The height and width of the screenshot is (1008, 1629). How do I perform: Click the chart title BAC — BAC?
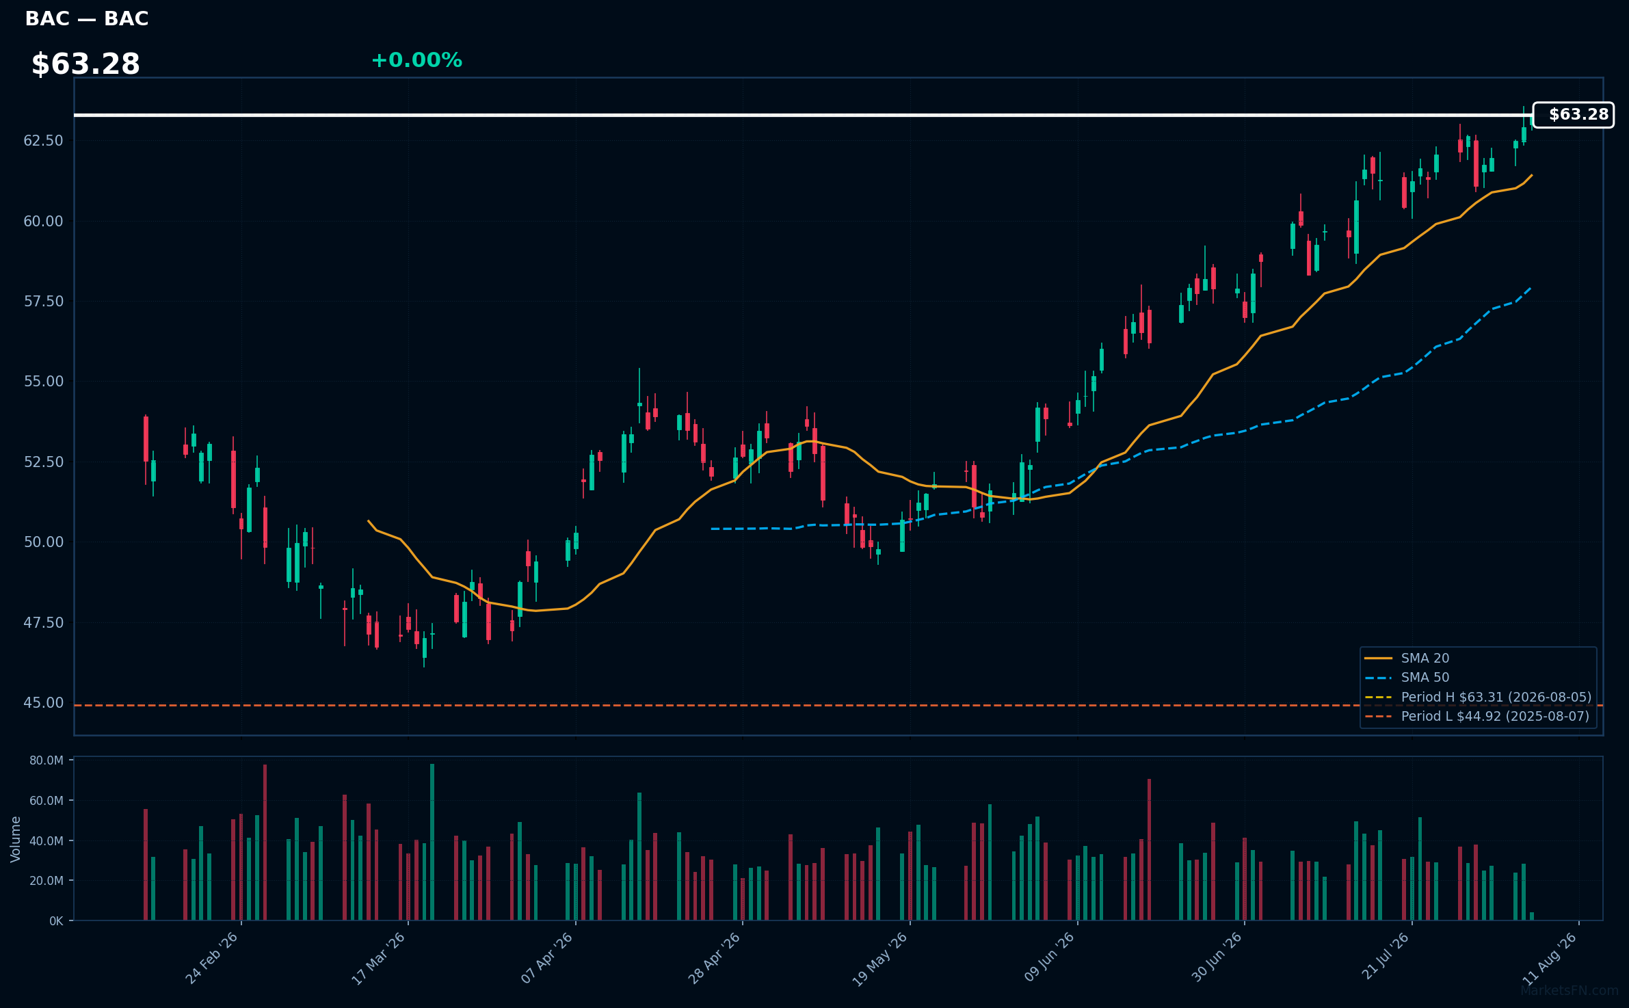click(87, 18)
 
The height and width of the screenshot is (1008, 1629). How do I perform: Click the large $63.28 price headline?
click(85, 64)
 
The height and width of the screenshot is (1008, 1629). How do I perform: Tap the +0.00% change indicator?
click(416, 60)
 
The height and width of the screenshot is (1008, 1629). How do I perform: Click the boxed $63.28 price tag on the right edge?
click(1573, 115)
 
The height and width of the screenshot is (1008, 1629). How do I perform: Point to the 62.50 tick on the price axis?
click(43, 141)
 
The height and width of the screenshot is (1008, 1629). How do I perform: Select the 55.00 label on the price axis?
click(43, 382)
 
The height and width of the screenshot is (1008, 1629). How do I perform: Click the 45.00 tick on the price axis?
click(43, 703)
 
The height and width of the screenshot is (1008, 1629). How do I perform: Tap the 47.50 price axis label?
click(43, 622)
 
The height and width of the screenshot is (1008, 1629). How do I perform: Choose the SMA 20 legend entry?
click(1407, 658)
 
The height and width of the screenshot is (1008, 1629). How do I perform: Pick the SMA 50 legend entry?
click(1407, 677)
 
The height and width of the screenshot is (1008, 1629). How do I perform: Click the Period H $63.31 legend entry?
click(1478, 697)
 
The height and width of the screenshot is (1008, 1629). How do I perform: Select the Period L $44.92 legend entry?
click(1477, 716)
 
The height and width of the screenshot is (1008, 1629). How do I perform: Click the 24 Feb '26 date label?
click(212, 958)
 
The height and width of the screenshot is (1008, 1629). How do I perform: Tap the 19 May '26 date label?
click(880, 959)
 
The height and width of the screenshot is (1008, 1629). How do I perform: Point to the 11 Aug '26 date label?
click(1550, 958)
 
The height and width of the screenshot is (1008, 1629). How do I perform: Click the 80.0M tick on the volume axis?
click(47, 760)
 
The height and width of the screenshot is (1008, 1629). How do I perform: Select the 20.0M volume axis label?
click(47, 881)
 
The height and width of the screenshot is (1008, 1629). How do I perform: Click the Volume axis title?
click(16, 839)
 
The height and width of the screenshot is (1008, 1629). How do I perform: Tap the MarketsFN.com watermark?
click(1570, 990)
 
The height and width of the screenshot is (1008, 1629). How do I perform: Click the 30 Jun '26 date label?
click(1216, 958)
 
